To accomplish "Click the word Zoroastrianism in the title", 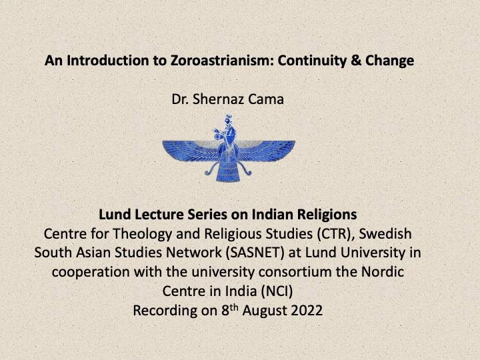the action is tap(219, 61).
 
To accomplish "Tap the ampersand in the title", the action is tap(356, 60).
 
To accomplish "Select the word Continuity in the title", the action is tap(312, 61).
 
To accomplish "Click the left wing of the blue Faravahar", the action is tap(191, 151).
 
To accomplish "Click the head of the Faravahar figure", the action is tap(228, 120).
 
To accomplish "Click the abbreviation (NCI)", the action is tap(277, 291).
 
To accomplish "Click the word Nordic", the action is tap(383, 272).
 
